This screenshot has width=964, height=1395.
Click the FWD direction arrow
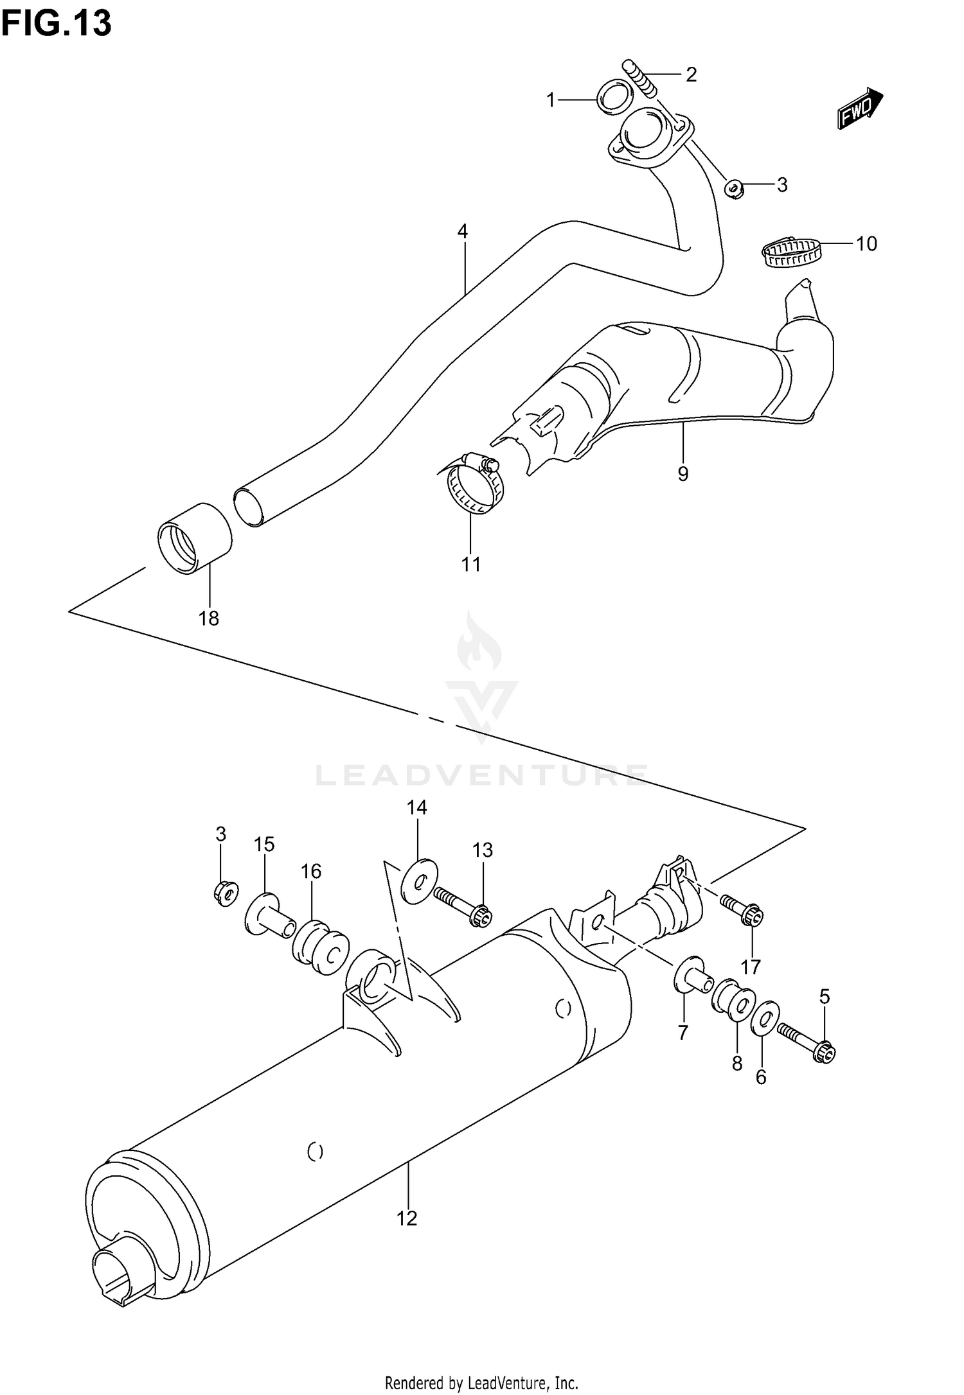pyautogui.click(x=860, y=108)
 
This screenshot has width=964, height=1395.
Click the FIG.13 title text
pyautogui.click(x=57, y=23)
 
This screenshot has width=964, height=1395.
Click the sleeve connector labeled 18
pyautogui.click(x=195, y=538)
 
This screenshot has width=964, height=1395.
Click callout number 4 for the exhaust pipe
pyautogui.click(x=463, y=231)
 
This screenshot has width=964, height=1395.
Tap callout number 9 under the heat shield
pyautogui.click(x=683, y=473)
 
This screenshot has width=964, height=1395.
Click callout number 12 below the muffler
pyautogui.click(x=407, y=1218)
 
